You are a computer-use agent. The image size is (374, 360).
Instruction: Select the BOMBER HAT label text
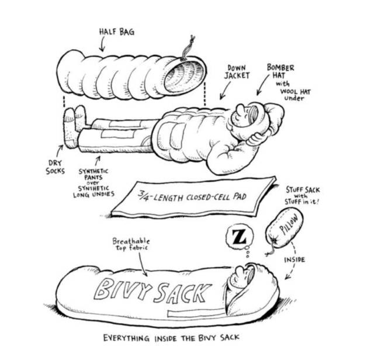(x=280, y=72)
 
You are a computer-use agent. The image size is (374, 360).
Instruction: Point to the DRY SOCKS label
(x=56, y=167)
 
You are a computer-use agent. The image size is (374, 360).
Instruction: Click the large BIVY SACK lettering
(x=147, y=290)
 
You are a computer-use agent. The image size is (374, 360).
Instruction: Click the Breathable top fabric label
(x=131, y=244)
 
